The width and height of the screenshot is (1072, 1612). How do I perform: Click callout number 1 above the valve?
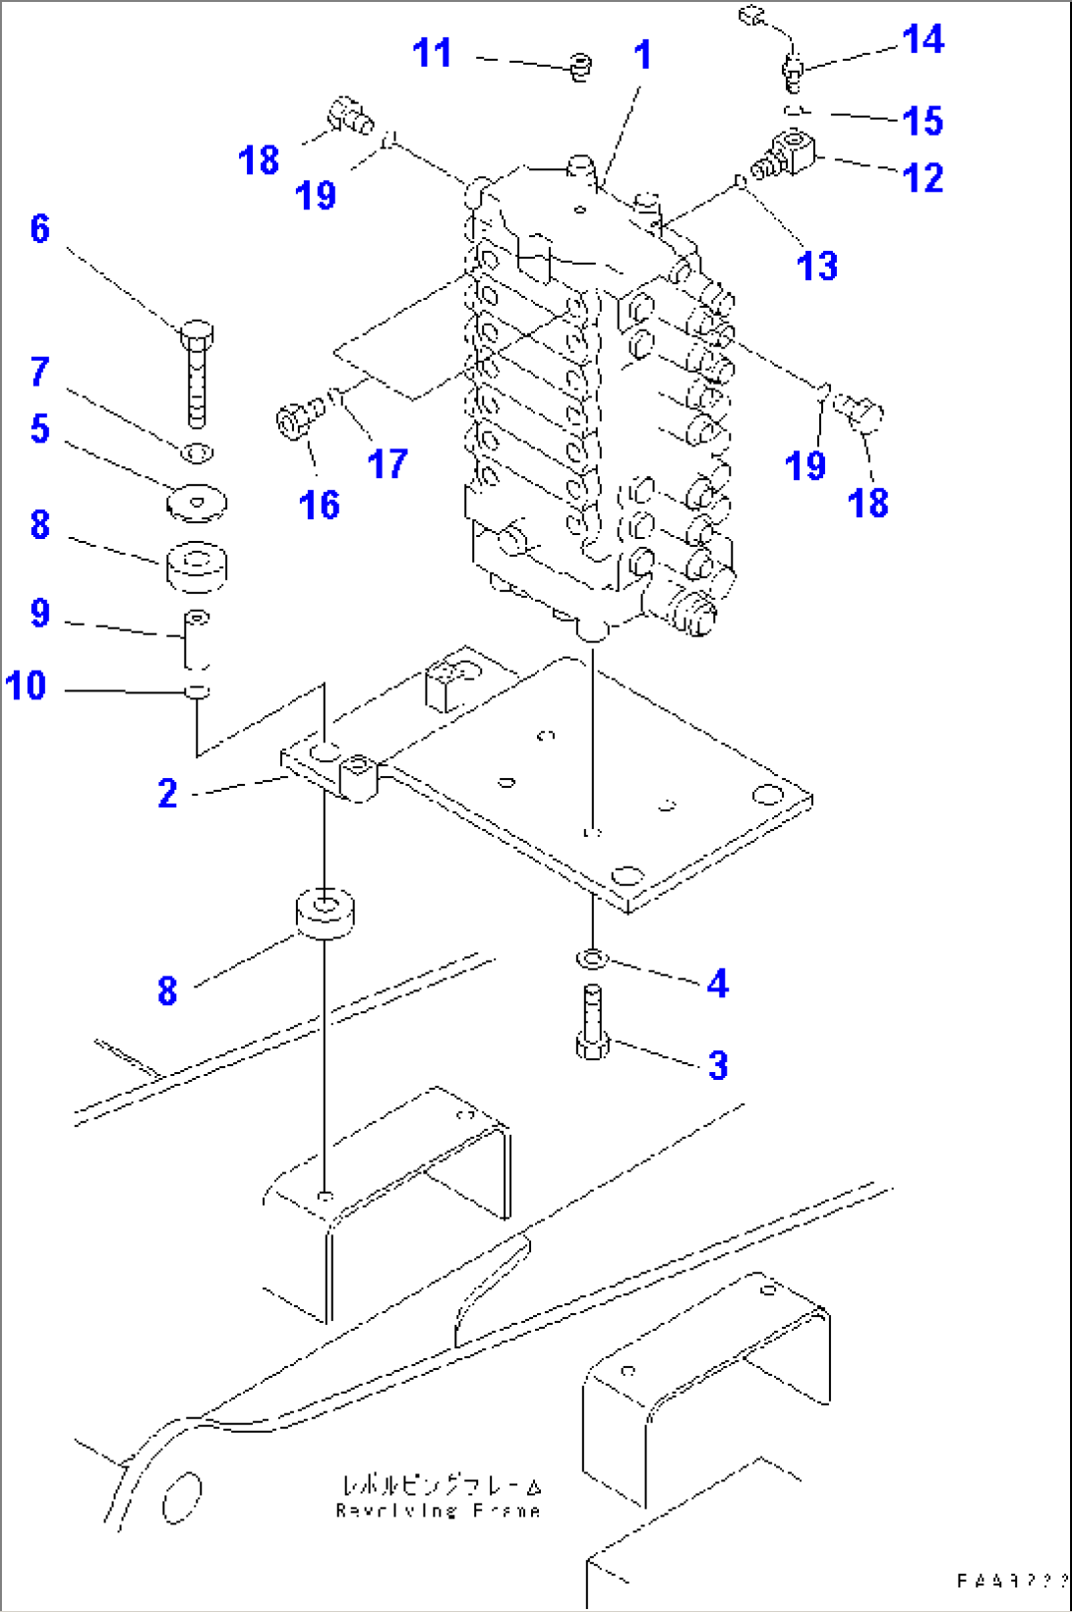coord(642,55)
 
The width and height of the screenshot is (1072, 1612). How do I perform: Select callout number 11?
coord(432,52)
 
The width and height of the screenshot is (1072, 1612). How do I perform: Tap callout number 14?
coord(923,39)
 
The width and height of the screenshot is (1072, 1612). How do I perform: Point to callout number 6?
coord(39,228)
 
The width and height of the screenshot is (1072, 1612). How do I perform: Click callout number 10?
coord(26,685)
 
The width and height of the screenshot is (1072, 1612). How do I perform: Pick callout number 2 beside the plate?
coord(167,793)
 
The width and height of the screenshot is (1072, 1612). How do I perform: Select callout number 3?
coord(718,1065)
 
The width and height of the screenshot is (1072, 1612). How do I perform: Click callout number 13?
coord(816,266)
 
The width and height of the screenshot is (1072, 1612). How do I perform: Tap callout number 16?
coord(319,505)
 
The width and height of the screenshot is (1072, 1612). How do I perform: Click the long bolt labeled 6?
coord(197,379)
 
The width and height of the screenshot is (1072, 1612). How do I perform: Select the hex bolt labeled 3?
coord(591,1027)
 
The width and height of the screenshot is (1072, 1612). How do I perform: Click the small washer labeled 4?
coord(591,957)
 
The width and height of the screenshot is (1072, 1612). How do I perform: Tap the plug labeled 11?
coord(580,67)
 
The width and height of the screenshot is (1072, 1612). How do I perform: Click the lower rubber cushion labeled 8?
coord(325,913)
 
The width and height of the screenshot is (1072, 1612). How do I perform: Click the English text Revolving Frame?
coord(438,1510)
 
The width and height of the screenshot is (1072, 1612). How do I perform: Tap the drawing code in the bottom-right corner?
coord(1011,1581)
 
